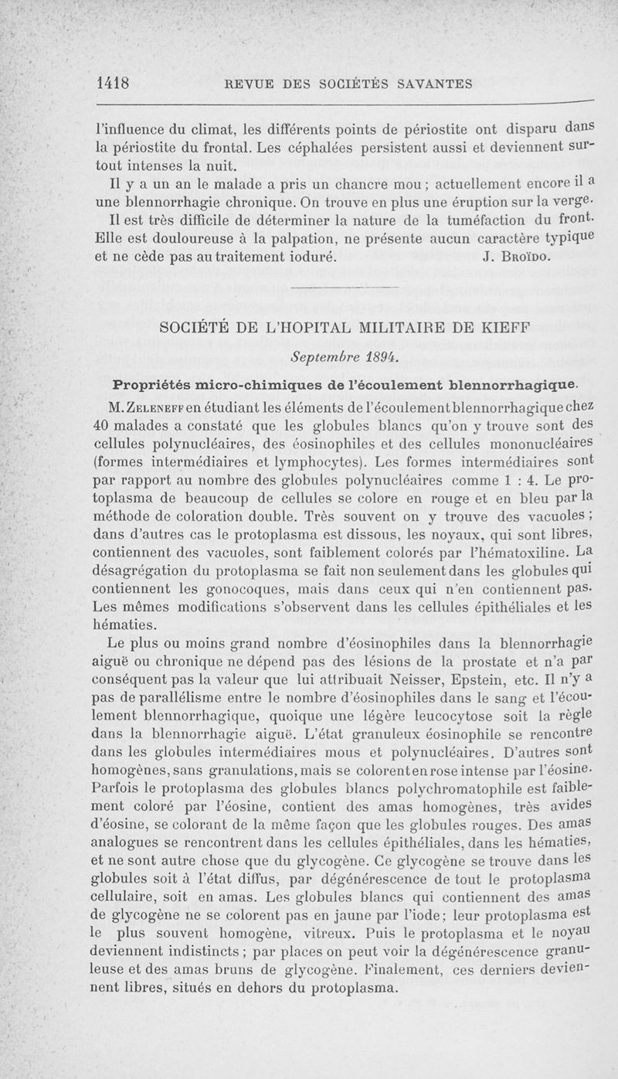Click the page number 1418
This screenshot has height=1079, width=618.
click(x=113, y=83)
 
